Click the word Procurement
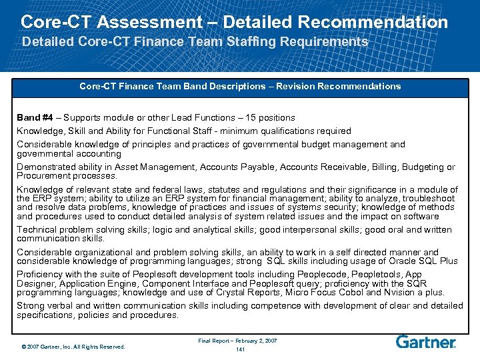43,176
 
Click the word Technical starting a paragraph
37,229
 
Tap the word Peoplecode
294,274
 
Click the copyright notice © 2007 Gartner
73,346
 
